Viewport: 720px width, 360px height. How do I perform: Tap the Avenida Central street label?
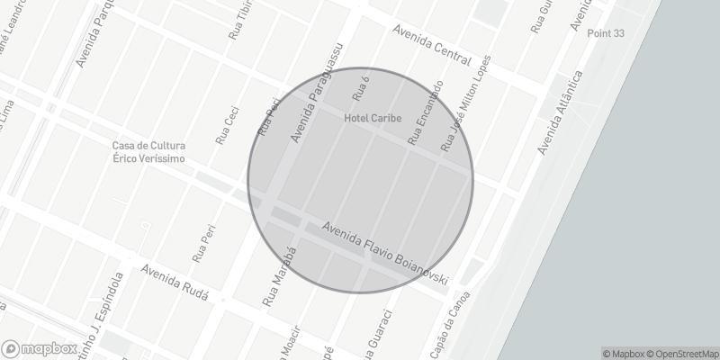(432, 44)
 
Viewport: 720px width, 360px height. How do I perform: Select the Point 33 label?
(606, 33)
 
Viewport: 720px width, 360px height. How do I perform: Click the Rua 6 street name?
(361, 89)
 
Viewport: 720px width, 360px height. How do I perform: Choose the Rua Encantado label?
(425, 113)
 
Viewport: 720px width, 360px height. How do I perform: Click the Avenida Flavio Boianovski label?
(385, 253)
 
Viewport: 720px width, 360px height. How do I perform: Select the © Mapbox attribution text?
(624, 354)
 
